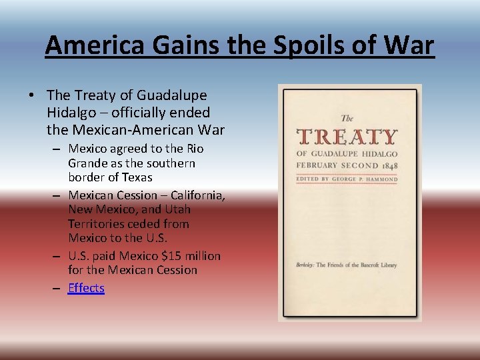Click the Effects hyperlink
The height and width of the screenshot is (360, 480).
click(x=86, y=288)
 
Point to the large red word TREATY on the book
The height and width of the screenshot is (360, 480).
click(x=347, y=137)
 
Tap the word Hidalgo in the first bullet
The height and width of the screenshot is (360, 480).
click(x=71, y=112)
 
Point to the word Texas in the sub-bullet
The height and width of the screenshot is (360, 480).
click(x=137, y=177)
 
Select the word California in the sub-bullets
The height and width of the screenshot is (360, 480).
click(x=197, y=195)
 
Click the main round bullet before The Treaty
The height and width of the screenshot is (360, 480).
click(x=31, y=96)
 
